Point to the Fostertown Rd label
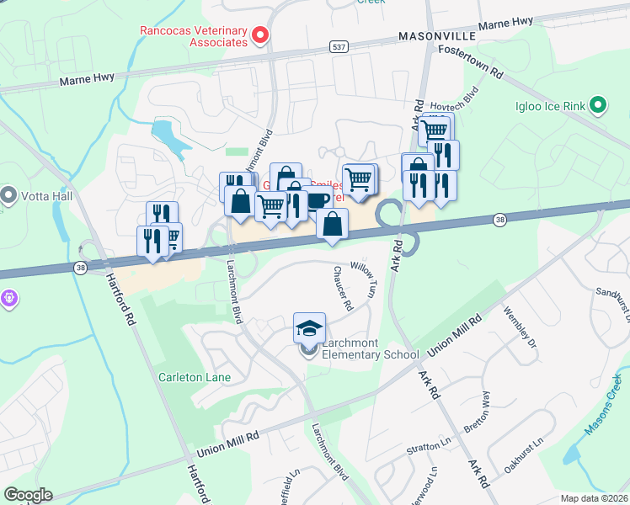click(470, 62)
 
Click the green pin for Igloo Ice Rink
click(598, 105)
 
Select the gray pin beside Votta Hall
click(9, 195)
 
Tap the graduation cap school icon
click(309, 326)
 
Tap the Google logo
click(28, 495)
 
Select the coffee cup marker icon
click(318, 200)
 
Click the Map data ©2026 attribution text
click(594, 498)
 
